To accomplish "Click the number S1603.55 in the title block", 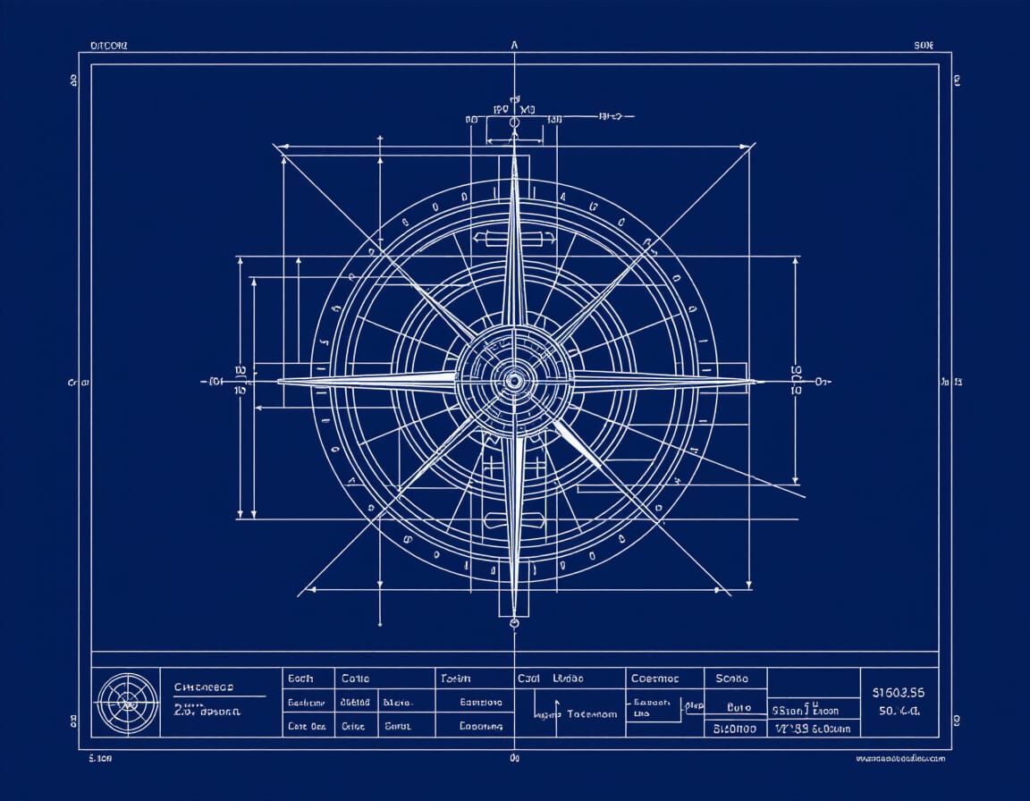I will pyautogui.click(x=898, y=692).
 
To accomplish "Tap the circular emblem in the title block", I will pyautogui.click(x=126, y=703).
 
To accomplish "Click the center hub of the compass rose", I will pyautogui.click(x=514, y=381).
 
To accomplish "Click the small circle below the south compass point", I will pyautogui.click(x=514, y=622).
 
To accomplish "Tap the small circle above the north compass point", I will pyautogui.click(x=514, y=122).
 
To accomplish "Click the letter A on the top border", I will pyautogui.click(x=514, y=44).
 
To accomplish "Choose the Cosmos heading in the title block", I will pyautogui.click(x=654, y=679).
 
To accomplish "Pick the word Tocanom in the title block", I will pyautogui.click(x=592, y=714).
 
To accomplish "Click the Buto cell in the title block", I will pyautogui.click(x=739, y=706).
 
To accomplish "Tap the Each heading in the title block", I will pyautogui.click(x=300, y=679).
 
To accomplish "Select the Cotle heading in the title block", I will pyautogui.click(x=355, y=679).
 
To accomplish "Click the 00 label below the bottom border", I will pyautogui.click(x=514, y=758).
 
